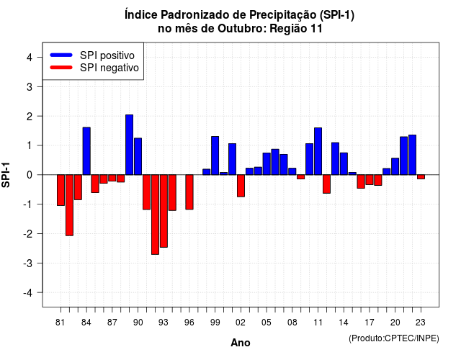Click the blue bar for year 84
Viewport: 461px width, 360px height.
pyautogui.click(x=86, y=151)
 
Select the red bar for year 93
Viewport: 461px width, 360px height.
pyautogui.click(x=164, y=211)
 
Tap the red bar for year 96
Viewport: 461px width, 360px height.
pyautogui.click(x=189, y=192)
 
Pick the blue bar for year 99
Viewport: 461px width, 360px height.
pyautogui.click(x=215, y=156)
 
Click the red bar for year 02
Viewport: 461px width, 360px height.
pyautogui.click(x=241, y=186)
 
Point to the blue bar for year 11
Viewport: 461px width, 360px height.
pyautogui.click(x=318, y=151)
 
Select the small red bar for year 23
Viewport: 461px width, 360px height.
pyautogui.click(x=421, y=177)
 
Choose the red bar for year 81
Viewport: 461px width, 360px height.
pyautogui.click(x=61, y=190)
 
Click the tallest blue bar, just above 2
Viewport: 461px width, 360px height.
pyautogui.click(x=130, y=145)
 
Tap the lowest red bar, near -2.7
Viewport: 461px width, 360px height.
pyautogui.click(x=156, y=215)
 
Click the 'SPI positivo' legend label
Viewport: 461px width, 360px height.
pyautogui.click(x=107, y=55)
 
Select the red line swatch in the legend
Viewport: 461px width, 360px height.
pyautogui.click(x=61, y=68)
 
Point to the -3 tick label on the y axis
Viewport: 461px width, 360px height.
pyautogui.click(x=29, y=263)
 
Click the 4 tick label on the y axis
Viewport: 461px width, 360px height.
pyautogui.click(x=30, y=57)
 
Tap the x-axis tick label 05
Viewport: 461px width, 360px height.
pyautogui.click(x=267, y=323)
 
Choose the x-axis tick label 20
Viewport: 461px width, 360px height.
pyautogui.click(x=395, y=323)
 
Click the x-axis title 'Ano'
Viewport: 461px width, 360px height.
pyautogui.click(x=241, y=343)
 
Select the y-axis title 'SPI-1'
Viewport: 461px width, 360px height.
pyautogui.click(x=6, y=175)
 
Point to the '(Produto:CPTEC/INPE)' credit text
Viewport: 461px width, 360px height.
pyautogui.click(x=394, y=338)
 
